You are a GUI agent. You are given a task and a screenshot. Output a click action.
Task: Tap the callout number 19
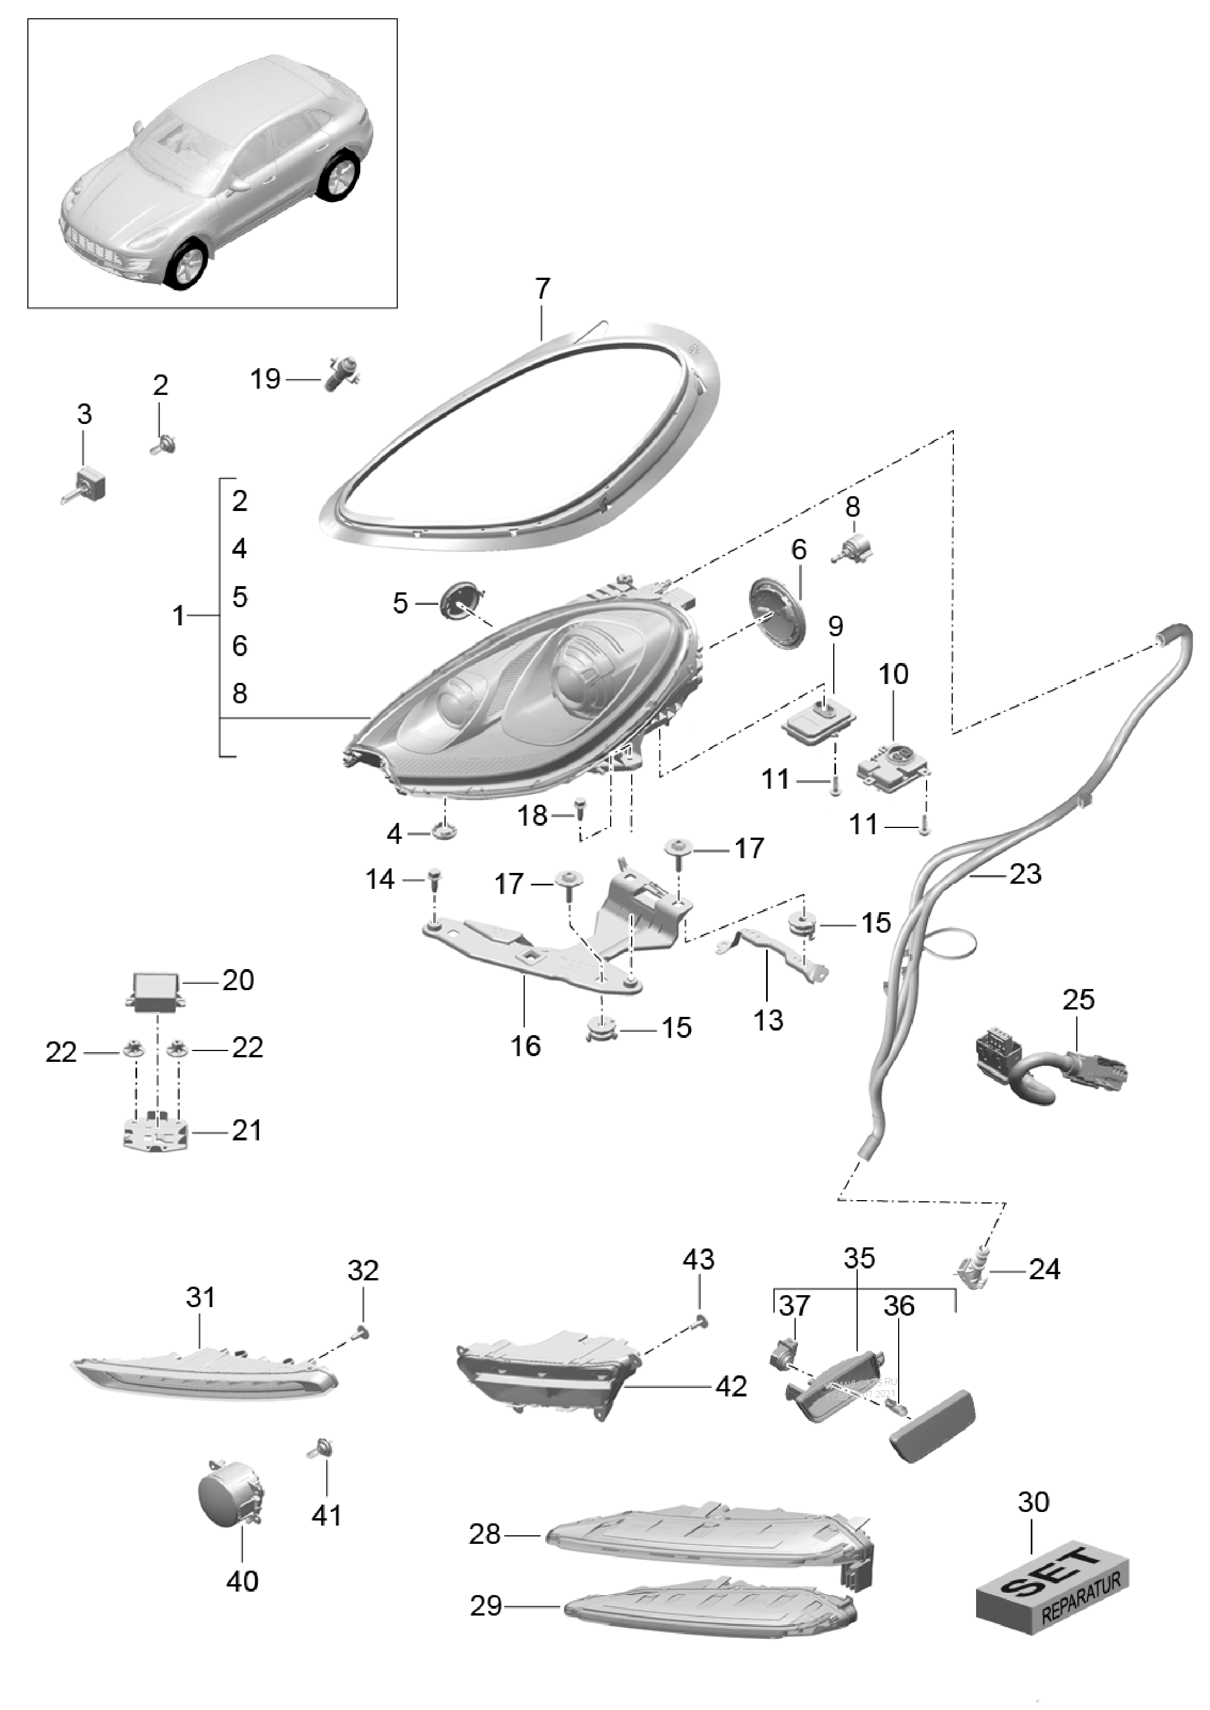tap(265, 379)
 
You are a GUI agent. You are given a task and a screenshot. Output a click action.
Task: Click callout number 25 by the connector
tap(1078, 999)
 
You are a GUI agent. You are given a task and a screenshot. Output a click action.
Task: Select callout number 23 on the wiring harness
tap(1024, 873)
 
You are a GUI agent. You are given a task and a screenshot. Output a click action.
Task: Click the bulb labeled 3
tap(91, 485)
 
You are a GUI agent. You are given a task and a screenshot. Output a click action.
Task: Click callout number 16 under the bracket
tap(525, 1046)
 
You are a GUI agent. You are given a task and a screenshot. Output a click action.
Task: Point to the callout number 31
tap(200, 1297)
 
